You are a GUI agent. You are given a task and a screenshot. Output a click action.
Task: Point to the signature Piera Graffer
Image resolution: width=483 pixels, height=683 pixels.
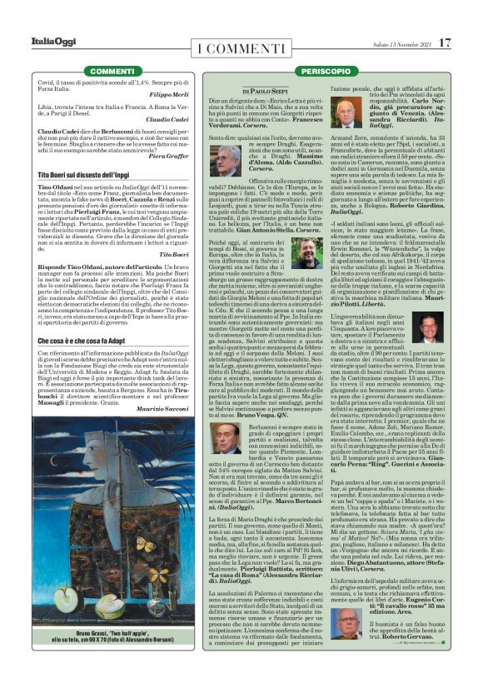[x=171, y=156]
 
